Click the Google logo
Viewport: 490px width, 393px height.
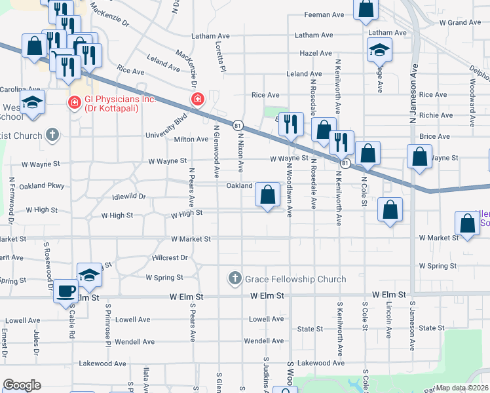click(22, 385)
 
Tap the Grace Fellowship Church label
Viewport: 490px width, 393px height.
click(295, 280)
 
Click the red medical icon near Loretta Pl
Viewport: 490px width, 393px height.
click(197, 100)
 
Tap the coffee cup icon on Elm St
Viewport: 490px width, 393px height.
click(66, 291)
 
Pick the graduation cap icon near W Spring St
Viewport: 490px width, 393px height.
click(89, 276)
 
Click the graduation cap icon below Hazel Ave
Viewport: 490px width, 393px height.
click(378, 51)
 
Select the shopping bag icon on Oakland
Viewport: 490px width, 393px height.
click(267, 195)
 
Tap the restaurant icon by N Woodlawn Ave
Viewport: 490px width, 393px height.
click(291, 123)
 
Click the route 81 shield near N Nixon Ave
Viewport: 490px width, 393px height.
click(238, 124)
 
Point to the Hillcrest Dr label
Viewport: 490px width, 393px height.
click(170, 258)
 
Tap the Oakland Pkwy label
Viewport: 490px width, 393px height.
click(43, 186)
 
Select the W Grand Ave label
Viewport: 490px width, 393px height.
click(460, 22)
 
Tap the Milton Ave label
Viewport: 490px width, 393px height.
click(191, 140)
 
